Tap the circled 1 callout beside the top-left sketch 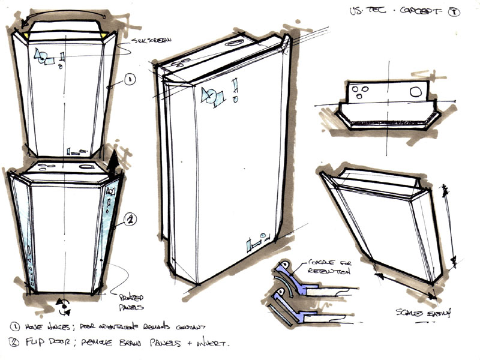click(x=131, y=79)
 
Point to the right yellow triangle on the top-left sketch click(x=106, y=38)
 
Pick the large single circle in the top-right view click(x=415, y=92)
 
